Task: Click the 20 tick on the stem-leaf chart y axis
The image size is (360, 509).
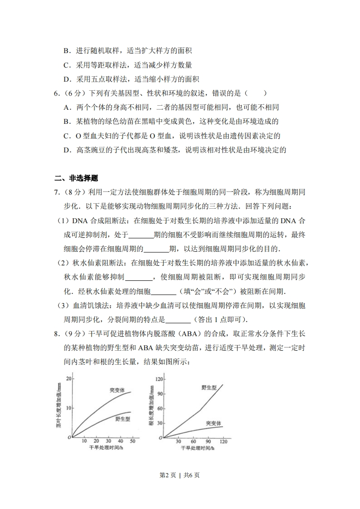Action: (x=69, y=378)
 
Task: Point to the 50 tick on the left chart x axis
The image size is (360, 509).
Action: (x=132, y=441)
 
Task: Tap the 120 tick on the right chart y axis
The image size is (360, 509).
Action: (x=158, y=378)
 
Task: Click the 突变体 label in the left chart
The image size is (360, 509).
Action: (x=117, y=390)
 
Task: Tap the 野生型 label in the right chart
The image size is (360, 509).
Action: (x=209, y=387)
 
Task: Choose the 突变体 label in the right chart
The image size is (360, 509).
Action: (x=213, y=423)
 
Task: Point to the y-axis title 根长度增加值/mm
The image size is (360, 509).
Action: (x=151, y=405)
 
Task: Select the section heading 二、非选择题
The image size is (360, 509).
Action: (x=76, y=178)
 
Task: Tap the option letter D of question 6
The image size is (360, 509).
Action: (x=67, y=150)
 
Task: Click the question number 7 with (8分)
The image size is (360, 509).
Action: (x=68, y=192)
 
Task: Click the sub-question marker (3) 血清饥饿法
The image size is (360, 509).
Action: (x=62, y=305)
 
